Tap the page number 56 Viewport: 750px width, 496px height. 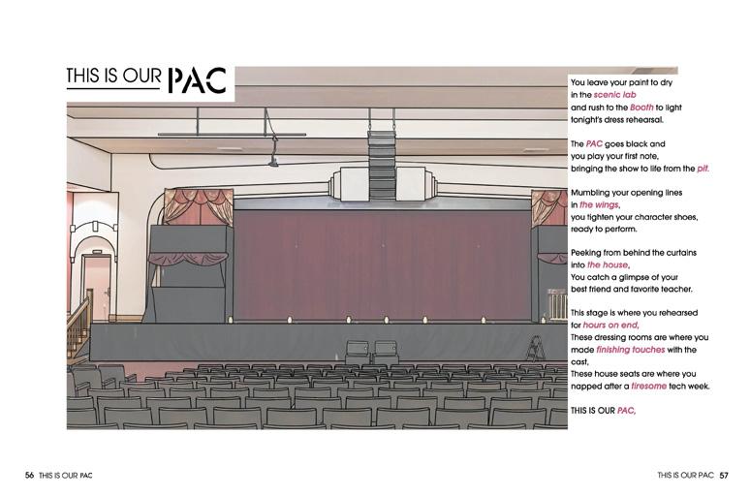pyautogui.click(x=30, y=475)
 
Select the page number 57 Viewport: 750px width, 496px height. pyautogui.click(x=724, y=475)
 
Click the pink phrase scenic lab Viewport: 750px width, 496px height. pyautogui.click(x=614, y=95)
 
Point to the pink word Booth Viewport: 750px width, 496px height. pyautogui.click(x=641, y=108)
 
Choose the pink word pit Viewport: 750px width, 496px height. pyautogui.click(x=703, y=168)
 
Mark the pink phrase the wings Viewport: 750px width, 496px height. pyautogui.click(x=599, y=204)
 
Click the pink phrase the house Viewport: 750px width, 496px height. pyautogui.click(x=608, y=264)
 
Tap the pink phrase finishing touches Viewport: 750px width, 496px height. pyautogui.click(x=626, y=349)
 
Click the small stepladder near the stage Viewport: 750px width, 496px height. pyautogui.click(x=534, y=348)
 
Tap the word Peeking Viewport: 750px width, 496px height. pyautogui.click(x=588, y=252)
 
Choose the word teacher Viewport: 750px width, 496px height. pyautogui.click(x=674, y=289)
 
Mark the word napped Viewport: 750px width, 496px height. pyautogui.click(x=587, y=386)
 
